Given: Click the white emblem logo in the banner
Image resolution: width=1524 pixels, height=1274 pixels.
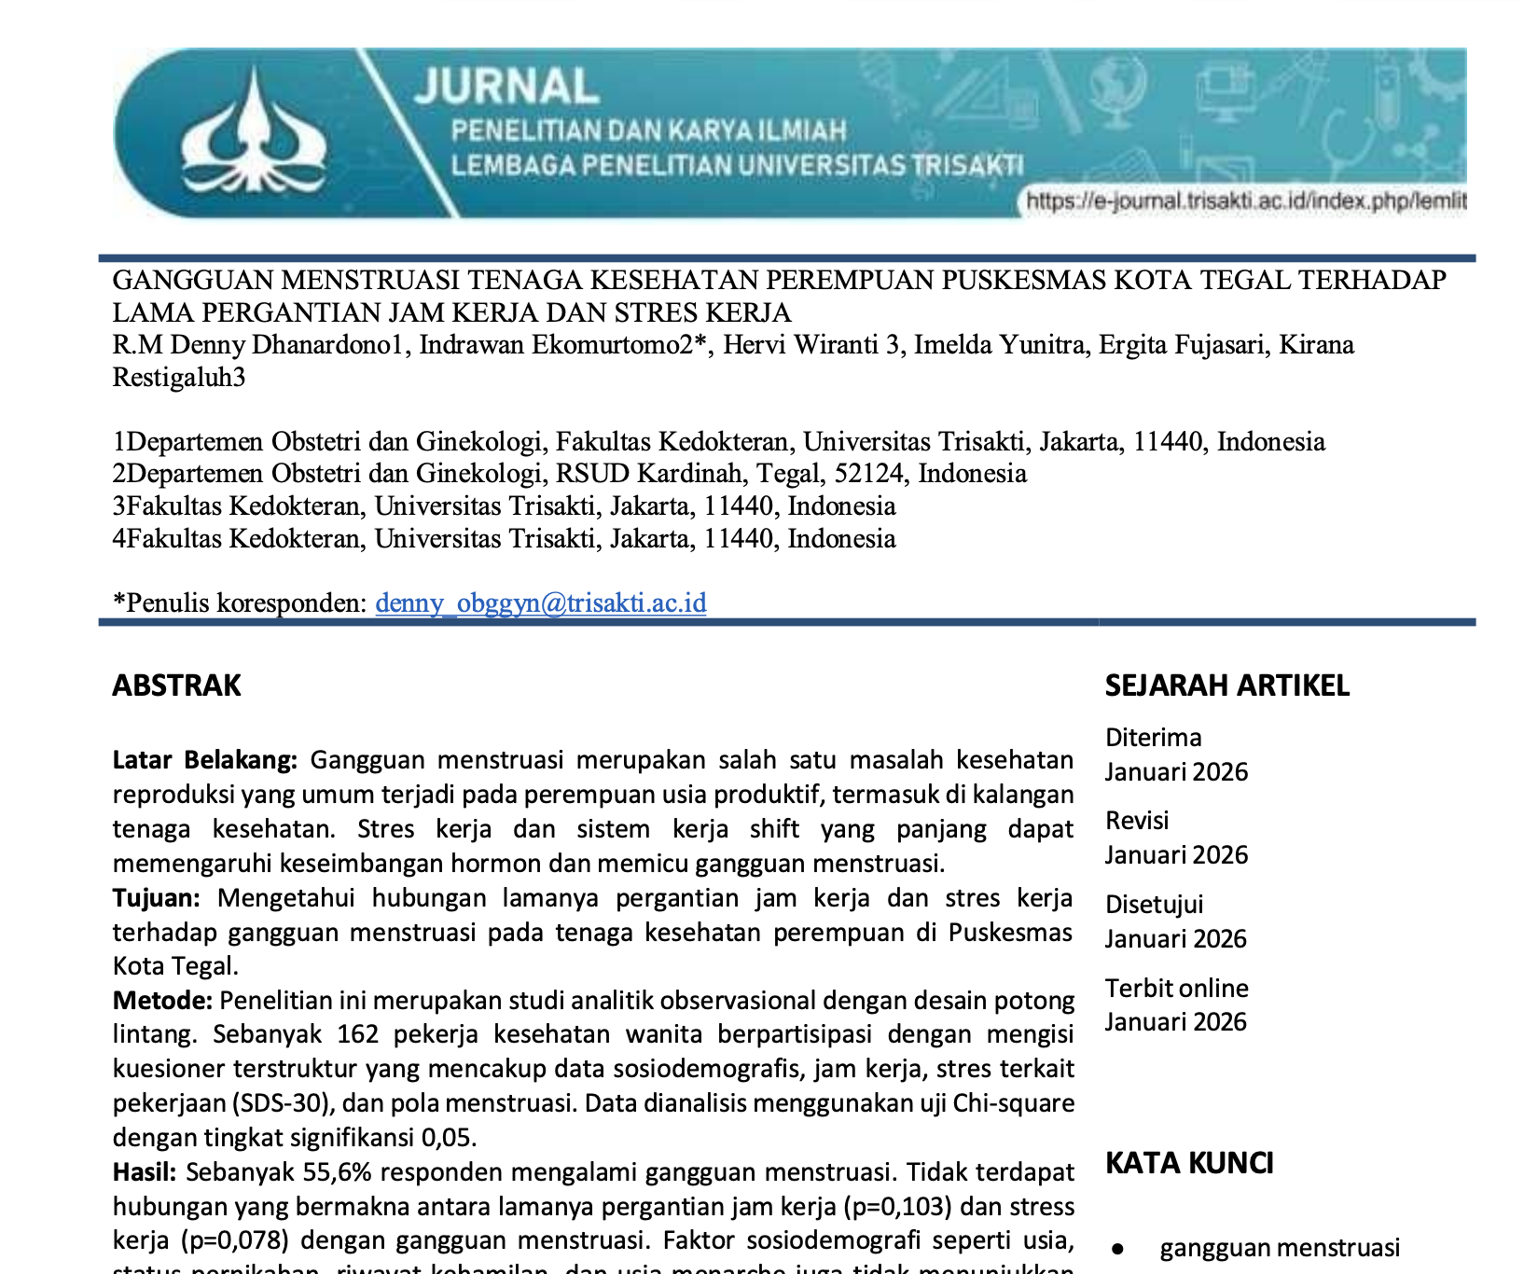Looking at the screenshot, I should click(x=254, y=131).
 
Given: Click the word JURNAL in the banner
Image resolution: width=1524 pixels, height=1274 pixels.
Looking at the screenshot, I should click(x=506, y=87).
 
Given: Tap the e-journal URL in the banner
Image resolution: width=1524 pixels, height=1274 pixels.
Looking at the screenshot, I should click(x=1245, y=201).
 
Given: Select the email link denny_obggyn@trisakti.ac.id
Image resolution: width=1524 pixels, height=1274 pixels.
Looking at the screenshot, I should click(x=540, y=602).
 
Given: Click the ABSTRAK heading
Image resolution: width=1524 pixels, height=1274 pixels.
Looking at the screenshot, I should click(x=176, y=685).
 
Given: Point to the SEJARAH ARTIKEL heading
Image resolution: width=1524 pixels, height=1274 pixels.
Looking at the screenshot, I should click(x=1226, y=685).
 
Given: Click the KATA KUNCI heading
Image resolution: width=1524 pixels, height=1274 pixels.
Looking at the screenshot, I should click(x=1189, y=1163).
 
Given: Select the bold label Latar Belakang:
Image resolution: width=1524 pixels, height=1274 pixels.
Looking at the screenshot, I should click(x=204, y=760).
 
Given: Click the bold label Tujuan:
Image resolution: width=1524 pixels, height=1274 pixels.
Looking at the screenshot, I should click(x=156, y=898).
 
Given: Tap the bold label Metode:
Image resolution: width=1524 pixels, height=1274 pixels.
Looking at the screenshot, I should click(x=162, y=1001).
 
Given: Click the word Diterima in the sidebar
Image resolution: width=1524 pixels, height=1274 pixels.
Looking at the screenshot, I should click(x=1153, y=738).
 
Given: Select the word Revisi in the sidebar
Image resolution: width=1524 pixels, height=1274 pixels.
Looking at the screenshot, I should click(x=1136, y=821).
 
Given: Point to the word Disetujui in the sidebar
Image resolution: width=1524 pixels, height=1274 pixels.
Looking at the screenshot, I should click(x=1154, y=905).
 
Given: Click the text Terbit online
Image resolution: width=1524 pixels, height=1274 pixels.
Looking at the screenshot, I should click(x=1176, y=989).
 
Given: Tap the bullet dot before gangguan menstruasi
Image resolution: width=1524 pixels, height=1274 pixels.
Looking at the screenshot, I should click(x=1117, y=1249).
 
